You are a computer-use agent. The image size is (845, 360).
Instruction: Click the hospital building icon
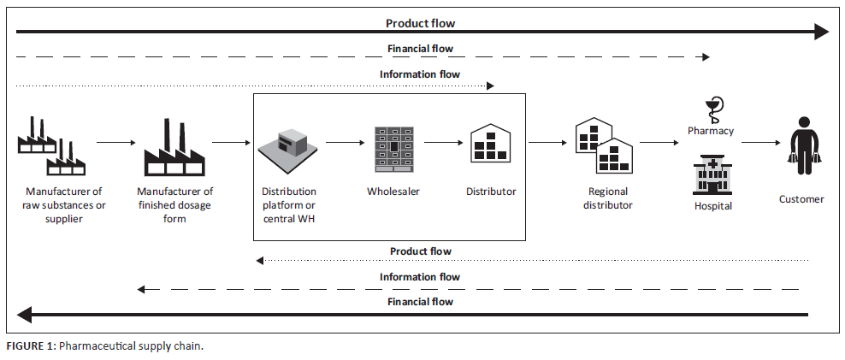(712, 174)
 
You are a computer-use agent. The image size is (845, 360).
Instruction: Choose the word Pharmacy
(711, 131)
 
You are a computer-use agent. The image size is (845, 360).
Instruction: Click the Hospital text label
(713, 206)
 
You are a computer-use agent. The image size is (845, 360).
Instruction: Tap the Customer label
(801, 199)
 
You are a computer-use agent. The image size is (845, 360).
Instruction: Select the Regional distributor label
(608, 198)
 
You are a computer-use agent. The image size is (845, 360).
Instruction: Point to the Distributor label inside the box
(491, 192)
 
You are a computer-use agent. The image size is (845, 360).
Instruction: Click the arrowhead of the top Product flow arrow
(822, 32)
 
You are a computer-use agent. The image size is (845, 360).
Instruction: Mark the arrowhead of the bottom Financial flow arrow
(23, 314)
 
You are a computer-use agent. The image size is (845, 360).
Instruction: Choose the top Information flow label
(419, 74)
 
